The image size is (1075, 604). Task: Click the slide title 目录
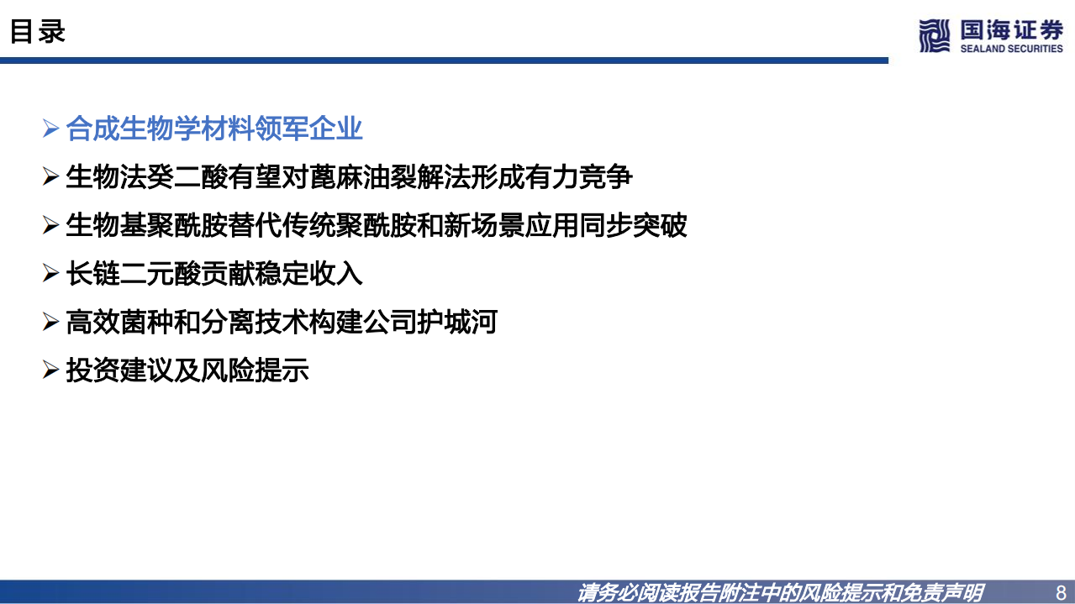click(38, 32)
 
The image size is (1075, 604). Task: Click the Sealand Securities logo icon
click(934, 36)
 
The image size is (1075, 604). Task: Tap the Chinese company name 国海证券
click(1011, 30)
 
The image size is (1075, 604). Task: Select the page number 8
click(1060, 591)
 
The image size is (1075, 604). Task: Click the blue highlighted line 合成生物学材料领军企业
click(214, 129)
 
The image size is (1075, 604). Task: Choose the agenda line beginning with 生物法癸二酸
click(349, 177)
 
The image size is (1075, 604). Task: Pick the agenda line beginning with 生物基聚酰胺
click(376, 225)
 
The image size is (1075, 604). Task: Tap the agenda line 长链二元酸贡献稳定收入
click(214, 274)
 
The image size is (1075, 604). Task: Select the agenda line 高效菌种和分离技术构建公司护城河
click(282, 322)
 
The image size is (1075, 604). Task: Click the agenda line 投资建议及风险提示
click(187, 370)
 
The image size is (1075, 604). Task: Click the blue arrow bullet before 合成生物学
click(50, 130)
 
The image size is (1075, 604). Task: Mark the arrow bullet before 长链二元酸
click(50, 275)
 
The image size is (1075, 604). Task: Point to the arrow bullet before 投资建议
click(50, 371)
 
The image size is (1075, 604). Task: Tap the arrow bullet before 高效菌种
click(50, 323)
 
